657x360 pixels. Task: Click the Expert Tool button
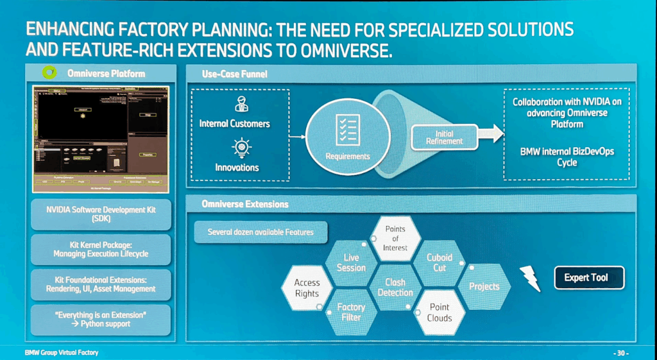589,278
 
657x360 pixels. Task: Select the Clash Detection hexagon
395,287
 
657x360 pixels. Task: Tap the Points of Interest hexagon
396,239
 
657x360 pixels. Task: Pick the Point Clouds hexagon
439,313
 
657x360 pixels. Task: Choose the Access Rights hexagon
307,287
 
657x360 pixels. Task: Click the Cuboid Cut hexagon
439,262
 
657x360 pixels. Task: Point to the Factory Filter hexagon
351,312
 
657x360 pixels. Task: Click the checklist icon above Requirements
347,132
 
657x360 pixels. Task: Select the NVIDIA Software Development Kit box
101,214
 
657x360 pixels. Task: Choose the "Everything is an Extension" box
101,319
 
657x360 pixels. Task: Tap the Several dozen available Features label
260,232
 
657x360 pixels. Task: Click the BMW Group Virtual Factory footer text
62,353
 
